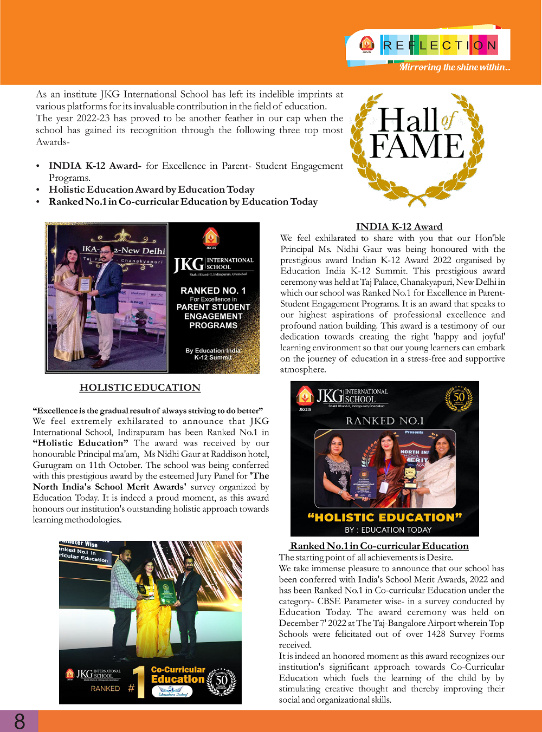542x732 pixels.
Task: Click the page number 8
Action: pos(20,721)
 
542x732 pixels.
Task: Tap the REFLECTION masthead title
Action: pos(440,45)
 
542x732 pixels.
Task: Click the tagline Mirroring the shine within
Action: pos(454,67)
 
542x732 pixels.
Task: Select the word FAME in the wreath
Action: pos(416,146)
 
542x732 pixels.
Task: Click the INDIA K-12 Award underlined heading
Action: pos(399,226)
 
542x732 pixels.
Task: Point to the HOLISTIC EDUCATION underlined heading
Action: pos(140,387)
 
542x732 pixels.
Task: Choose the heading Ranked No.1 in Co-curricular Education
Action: pos(379,546)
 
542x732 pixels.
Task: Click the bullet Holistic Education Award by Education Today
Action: pos(151,189)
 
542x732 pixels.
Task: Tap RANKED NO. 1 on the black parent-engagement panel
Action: pos(213,291)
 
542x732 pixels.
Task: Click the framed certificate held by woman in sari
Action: pos(85,285)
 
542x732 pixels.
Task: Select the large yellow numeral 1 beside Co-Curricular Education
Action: pos(140,681)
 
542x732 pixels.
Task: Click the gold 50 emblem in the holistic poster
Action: pos(459,398)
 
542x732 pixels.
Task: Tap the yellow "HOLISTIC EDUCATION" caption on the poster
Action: pos(384,517)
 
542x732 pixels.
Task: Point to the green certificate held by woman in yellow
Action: pos(166,591)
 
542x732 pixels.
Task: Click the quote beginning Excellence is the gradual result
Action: pos(147,410)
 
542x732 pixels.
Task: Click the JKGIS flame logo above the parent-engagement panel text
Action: pos(211,237)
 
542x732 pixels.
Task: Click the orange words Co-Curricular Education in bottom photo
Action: pos(178,675)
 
